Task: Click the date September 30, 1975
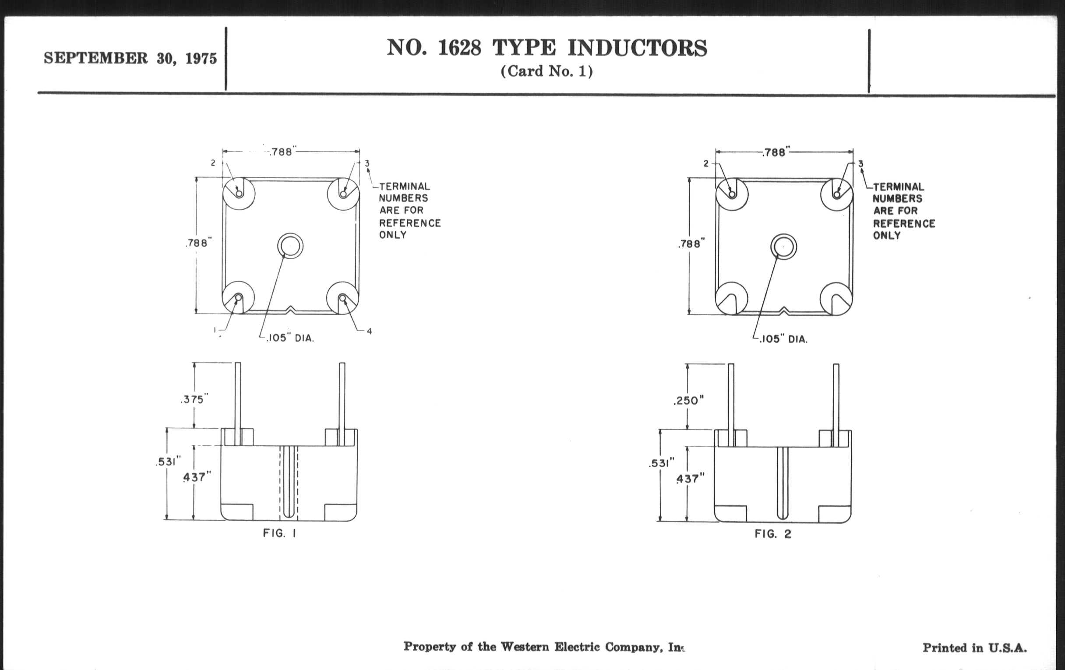click(x=130, y=58)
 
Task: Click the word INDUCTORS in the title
click(x=637, y=48)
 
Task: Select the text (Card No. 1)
click(x=547, y=71)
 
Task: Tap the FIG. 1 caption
click(x=279, y=533)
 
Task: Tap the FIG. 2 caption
click(x=772, y=534)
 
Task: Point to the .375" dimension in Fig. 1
click(x=194, y=399)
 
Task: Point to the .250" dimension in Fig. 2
click(x=688, y=401)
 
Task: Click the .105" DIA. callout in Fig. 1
click(x=290, y=339)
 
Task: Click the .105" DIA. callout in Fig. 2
click(x=783, y=339)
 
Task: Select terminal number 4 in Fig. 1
click(x=369, y=331)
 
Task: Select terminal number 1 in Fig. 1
click(x=215, y=330)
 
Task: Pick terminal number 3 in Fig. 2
click(x=860, y=164)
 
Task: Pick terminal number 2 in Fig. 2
click(x=706, y=164)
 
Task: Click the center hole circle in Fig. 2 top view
click(x=783, y=247)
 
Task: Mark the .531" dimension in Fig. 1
click(x=169, y=462)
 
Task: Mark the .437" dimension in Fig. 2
click(x=690, y=479)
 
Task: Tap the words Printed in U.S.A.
click(x=974, y=648)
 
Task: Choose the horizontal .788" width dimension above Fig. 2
click(x=776, y=152)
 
